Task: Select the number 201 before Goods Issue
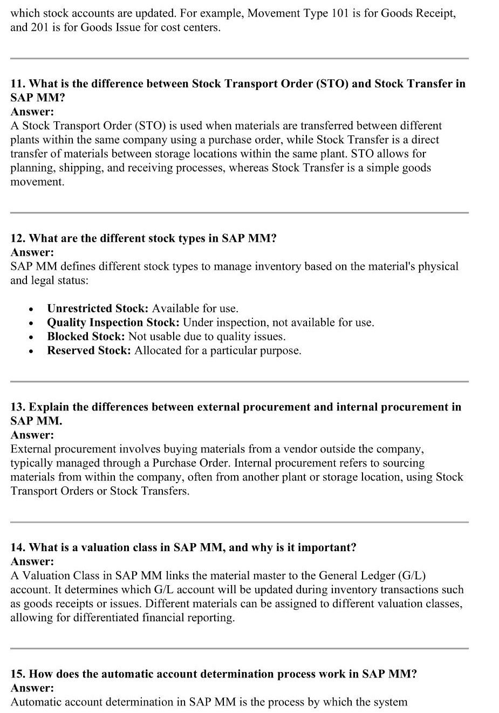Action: point(44,27)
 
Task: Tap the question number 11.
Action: point(17,84)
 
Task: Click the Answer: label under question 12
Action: point(32,252)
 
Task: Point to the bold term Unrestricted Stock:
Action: point(98,308)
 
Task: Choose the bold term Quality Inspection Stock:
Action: point(113,323)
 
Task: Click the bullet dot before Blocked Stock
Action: point(33,337)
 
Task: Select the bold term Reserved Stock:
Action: point(89,351)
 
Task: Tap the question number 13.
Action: point(17,407)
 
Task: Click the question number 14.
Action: point(17,547)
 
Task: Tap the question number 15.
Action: point(17,674)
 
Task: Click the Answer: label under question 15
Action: point(32,688)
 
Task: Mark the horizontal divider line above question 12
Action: point(239,212)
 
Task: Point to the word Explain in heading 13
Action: point(49,407)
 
